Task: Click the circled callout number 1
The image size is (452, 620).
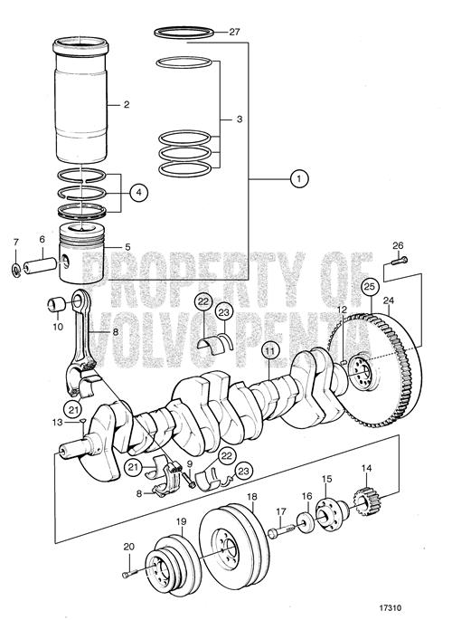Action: point(299,178)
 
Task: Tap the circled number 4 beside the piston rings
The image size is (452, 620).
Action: point(138,193)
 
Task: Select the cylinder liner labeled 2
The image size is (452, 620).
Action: point(80,100)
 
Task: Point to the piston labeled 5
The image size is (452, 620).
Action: point(82,253)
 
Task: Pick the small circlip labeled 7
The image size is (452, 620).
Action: point(15,270)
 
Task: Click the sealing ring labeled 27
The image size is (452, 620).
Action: point(184,33)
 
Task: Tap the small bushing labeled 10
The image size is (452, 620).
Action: point(56,304)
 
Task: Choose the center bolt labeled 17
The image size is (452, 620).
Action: point(280,531)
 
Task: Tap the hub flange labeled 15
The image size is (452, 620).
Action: point(332,514)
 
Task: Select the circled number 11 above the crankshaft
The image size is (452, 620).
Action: point(269,350)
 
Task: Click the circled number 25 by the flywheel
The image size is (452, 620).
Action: point(371,287)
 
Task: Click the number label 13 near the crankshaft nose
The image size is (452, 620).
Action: point(58,423)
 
